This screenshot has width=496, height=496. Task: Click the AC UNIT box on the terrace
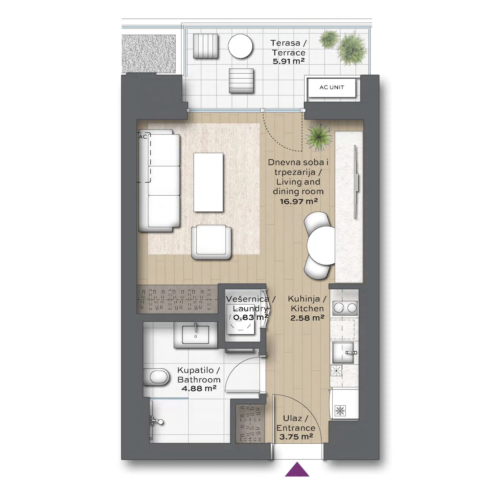[x=332, y=88]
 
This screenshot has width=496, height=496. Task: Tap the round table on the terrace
[x=240, y=46]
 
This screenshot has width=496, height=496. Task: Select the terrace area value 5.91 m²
[x=288, y=61]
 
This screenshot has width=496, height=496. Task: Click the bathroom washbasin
[x=195, y=335]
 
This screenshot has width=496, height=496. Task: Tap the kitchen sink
[x=343, y=353]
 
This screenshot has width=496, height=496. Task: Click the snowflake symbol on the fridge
[x=340, y=410]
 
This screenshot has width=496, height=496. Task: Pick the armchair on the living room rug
[x=211, y=242]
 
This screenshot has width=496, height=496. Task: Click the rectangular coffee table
[x=208, y=182]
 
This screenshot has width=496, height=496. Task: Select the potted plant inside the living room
[x=319, y=137]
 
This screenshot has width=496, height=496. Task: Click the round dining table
[x=321, y=245]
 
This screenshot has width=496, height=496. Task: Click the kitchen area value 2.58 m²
[x=307, y=318]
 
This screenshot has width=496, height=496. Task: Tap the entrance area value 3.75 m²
[x=296, y=437]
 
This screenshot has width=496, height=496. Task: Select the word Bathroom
[x=199, y=380]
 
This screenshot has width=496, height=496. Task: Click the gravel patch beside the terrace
[x=149, y=54]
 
